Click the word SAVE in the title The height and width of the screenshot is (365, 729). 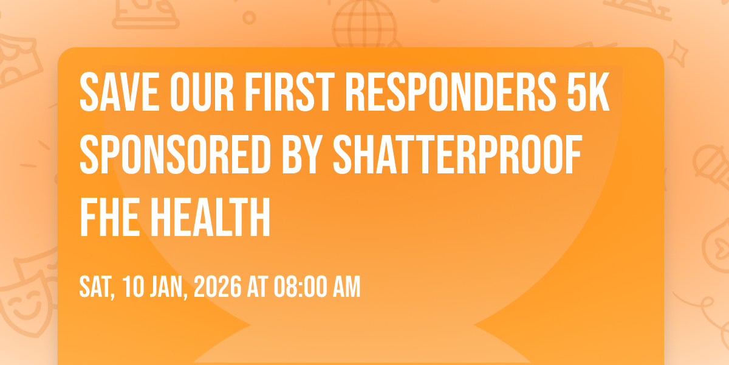120,92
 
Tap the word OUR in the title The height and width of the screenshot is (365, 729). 202,92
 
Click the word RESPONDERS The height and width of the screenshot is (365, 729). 451,92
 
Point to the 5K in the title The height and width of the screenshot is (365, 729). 588,92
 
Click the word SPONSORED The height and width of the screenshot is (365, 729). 175,155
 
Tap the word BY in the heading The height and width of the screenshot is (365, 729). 302,155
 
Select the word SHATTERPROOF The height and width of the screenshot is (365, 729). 457,155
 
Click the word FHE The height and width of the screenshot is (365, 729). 110,217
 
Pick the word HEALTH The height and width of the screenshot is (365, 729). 210,217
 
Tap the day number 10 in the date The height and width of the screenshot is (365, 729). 134,287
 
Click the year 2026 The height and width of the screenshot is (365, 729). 217,287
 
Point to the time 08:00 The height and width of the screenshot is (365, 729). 300,287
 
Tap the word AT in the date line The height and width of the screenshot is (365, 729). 258,287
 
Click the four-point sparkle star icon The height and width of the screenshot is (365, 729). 678,54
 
